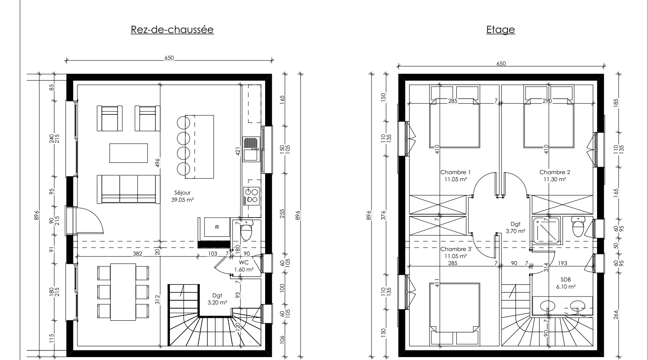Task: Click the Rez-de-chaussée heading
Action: pos(172,30)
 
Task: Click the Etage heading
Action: pos(501,30)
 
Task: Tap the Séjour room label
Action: pos(182,193)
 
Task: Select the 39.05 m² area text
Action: pos(182,200)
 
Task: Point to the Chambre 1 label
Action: pos(456,172)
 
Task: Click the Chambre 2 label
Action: pos(554,172)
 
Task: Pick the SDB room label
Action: pos(566,279)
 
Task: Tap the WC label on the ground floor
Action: pos(243,262)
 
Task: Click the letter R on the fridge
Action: pos(217,227)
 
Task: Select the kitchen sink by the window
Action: pos(251,150)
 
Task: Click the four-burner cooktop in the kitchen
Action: pos(251,196)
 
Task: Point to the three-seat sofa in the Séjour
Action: pos(129,189)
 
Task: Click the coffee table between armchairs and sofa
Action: pos(129,153)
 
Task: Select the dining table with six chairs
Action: pos(123,292)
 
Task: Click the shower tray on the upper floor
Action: pos(546,231)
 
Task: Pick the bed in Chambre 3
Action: pos(454,314)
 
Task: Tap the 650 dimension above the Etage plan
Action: pos(501,63)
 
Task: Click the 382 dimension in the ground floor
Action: pos(137,254)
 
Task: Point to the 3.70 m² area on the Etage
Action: pos(515,231)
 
